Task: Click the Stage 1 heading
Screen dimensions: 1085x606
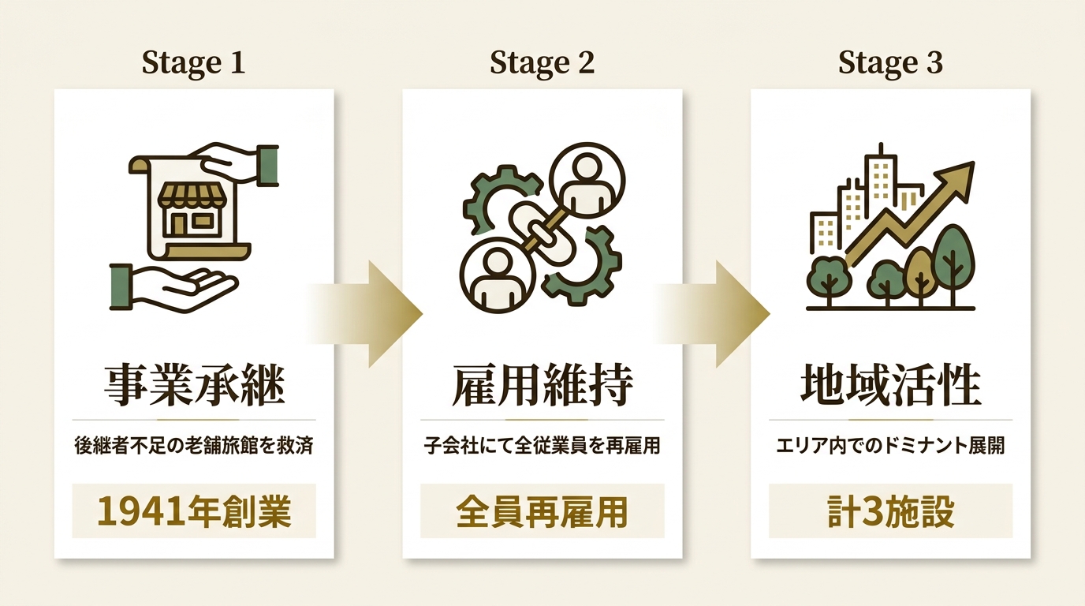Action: pos(194,63)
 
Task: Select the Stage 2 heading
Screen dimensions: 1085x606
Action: pos(542,63)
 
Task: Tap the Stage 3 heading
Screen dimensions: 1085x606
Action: pos(890,63)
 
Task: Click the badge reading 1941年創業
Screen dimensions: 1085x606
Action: pos(194,511)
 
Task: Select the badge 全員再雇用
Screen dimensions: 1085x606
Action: pos(542,511)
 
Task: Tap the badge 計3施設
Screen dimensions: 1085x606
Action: pos(890,511)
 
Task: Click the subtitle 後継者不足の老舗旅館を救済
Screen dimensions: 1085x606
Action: pos(194,446)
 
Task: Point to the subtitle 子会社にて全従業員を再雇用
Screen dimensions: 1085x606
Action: pos(542,446)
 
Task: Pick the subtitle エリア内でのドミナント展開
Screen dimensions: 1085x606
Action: pos(890,446)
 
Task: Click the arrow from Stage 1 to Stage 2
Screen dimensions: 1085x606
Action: pos(364,314)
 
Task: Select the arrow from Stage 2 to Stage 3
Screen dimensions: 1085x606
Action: pos(712,314)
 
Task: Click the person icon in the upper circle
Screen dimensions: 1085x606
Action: pos(587,183)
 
